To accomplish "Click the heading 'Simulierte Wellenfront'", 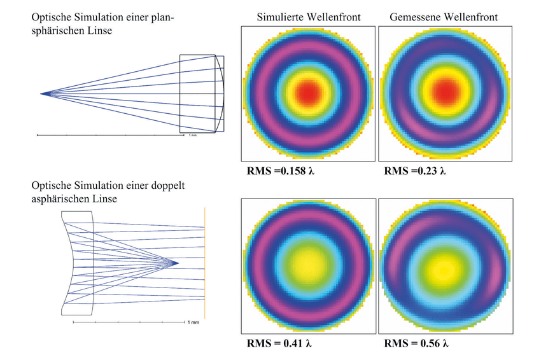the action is click(x=309, y=17).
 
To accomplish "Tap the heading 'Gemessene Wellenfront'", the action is click(x=444, y=17).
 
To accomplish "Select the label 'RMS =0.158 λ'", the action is click(x=281, y=170).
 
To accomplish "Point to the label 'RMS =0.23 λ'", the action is click(x=415, y=170).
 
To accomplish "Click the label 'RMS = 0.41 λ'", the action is click(x=279, y=343).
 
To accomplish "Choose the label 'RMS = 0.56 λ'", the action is click(x=416, y=343).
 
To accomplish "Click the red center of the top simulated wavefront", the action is click(x=308, y=92).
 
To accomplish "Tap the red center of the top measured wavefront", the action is click(x=445, y=92).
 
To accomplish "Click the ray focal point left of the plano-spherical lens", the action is click(x=41, y=93).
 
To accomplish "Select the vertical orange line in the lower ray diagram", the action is click(x=204, y=263).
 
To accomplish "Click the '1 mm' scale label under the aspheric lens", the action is click(x=193, y=322).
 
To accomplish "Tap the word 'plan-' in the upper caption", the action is click(x=162, y=18).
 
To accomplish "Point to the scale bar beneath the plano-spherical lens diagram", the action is click(x=110, y=135).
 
